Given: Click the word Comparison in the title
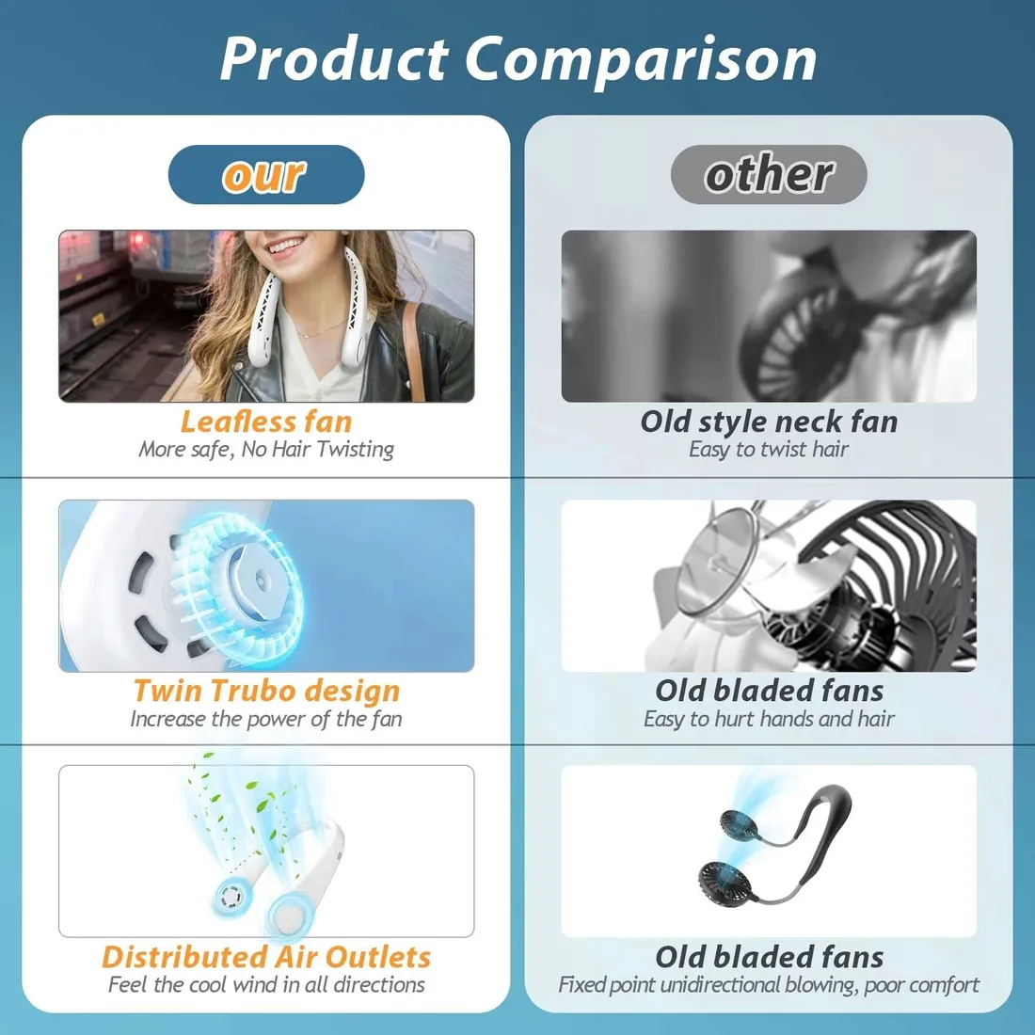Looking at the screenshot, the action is point(641,60).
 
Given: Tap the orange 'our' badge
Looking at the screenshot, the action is point(266,174).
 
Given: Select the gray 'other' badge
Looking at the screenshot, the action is point(769,174).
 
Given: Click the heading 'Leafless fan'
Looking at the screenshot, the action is point(266,422).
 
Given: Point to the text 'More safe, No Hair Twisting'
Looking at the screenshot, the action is point(266,450).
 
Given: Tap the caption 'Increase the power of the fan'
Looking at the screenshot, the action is point(266,719).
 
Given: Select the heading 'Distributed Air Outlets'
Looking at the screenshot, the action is point(266,957).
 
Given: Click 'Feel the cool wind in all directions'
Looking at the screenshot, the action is point(266,985).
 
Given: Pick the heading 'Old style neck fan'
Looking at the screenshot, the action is point(769,422).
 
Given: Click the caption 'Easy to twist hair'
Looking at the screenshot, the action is point(769,450).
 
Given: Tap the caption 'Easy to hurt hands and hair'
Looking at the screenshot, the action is point(769,719).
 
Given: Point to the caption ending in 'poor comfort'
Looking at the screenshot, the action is point(769,985).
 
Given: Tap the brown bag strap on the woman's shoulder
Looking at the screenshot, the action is point(414,351).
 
